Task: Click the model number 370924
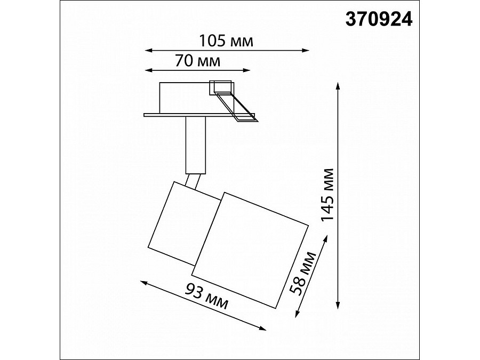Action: pos(379,19)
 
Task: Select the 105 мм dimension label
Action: pos(227,41)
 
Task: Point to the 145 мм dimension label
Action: pos(326,194)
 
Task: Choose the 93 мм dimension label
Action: pos(206,296)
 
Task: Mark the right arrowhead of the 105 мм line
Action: pos(305,51)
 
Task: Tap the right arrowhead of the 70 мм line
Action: pos(247,70)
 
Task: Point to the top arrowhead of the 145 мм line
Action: pos(338,86)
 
